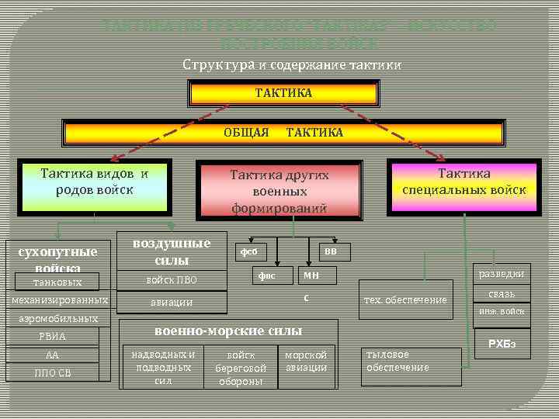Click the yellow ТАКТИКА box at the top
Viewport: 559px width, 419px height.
click(283, 93)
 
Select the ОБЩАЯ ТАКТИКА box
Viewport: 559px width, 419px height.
click(283, 133)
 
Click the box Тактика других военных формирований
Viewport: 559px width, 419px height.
click(279, 190)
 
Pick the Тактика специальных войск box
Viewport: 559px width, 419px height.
click(464, 184)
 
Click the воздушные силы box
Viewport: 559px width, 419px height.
click(172, 251)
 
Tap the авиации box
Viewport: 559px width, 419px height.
click(172, 302)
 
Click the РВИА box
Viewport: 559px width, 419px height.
click(53, 336)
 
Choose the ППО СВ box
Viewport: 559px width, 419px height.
click(53, 374)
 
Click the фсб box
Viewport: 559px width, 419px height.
click(249, 251)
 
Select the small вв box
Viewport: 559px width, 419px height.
click(331, 251)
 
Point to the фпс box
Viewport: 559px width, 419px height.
click(267, 275)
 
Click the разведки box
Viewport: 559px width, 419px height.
click(502, 274)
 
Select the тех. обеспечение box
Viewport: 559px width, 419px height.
click(405, 300)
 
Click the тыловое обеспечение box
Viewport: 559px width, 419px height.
click(411, 362)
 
